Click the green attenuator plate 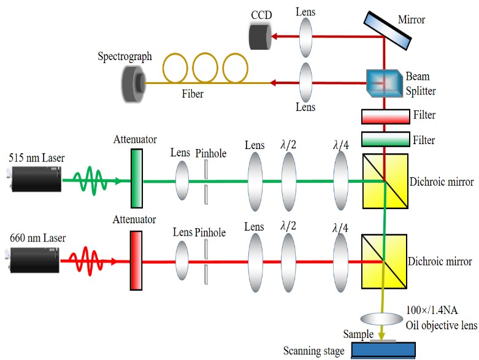point(136,181)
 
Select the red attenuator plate point(136,261)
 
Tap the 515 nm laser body point(36,181)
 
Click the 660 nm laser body point(36,260)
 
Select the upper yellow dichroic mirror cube point(385,182)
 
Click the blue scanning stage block point(383,350)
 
